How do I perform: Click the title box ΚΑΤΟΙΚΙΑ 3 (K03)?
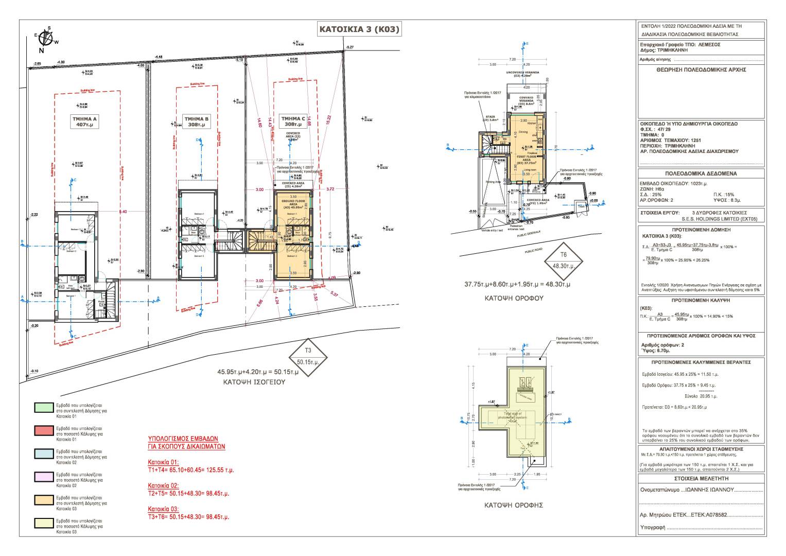pos(359,30)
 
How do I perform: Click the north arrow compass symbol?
pos(46,38)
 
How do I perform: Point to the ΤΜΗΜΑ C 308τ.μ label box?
pos(292,121)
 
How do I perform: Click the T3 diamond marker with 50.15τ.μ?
pos(308,356)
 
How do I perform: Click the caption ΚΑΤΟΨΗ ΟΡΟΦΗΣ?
pos(514,505)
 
